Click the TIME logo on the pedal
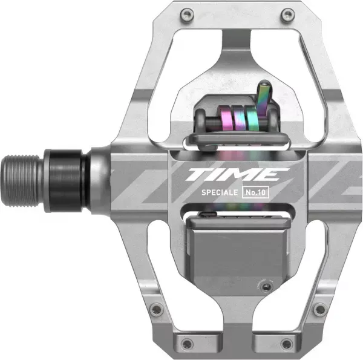click(238, 174)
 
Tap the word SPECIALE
click(220, 192)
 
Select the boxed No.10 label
click(255, 192)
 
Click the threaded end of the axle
click(21, 180)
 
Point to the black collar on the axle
click(65, 180)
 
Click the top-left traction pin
click(187, 15)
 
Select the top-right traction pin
click(287, 15)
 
